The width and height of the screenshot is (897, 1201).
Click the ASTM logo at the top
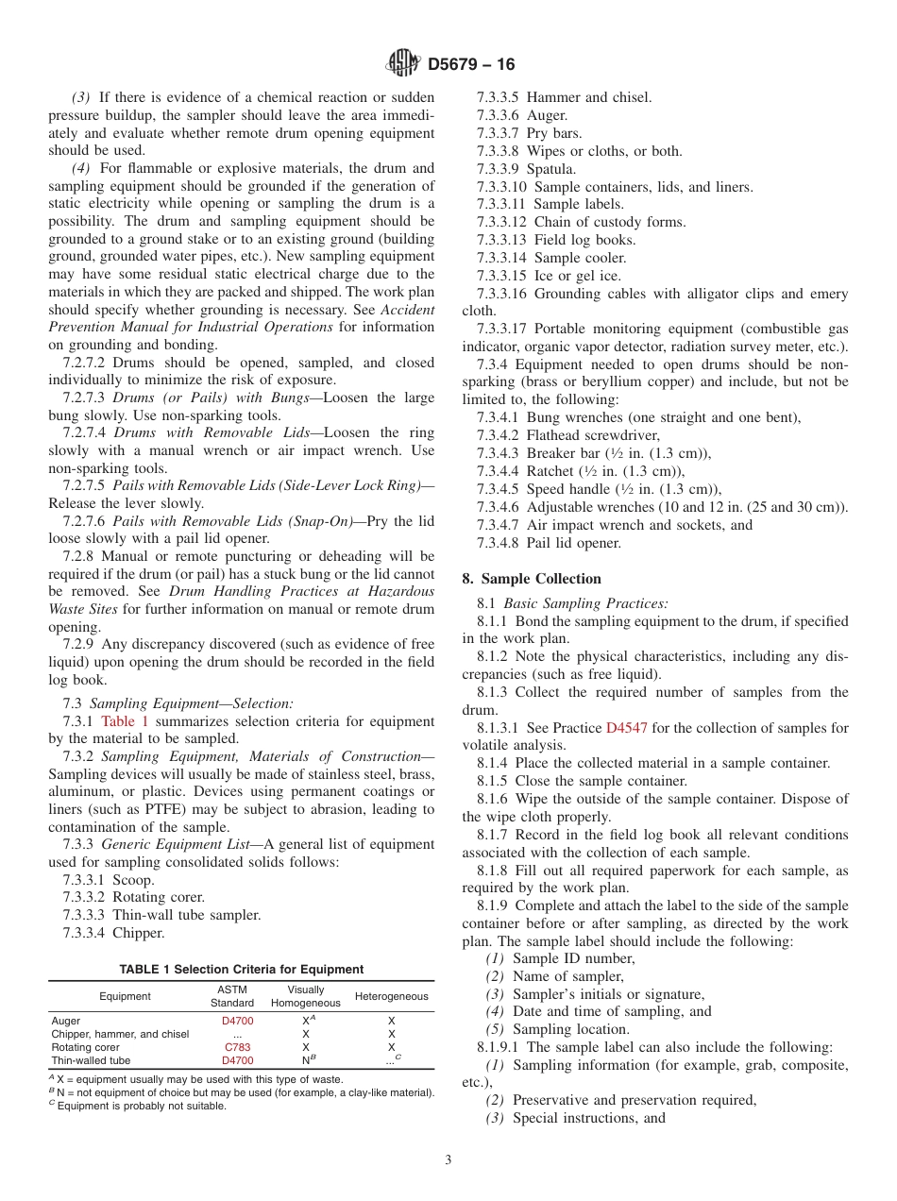click(404, 64)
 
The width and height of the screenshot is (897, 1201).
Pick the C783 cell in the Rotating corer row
click(237, 1047)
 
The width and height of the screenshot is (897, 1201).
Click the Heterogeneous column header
click(391, 996)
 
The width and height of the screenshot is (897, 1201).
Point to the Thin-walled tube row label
click(91, 1060)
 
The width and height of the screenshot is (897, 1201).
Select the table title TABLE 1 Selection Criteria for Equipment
click(241, 970)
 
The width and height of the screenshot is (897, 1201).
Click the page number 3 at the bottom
click(448, 1159)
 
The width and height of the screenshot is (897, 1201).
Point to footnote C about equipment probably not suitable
click(138, 1106)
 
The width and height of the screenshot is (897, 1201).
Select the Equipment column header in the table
click(125, 996)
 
